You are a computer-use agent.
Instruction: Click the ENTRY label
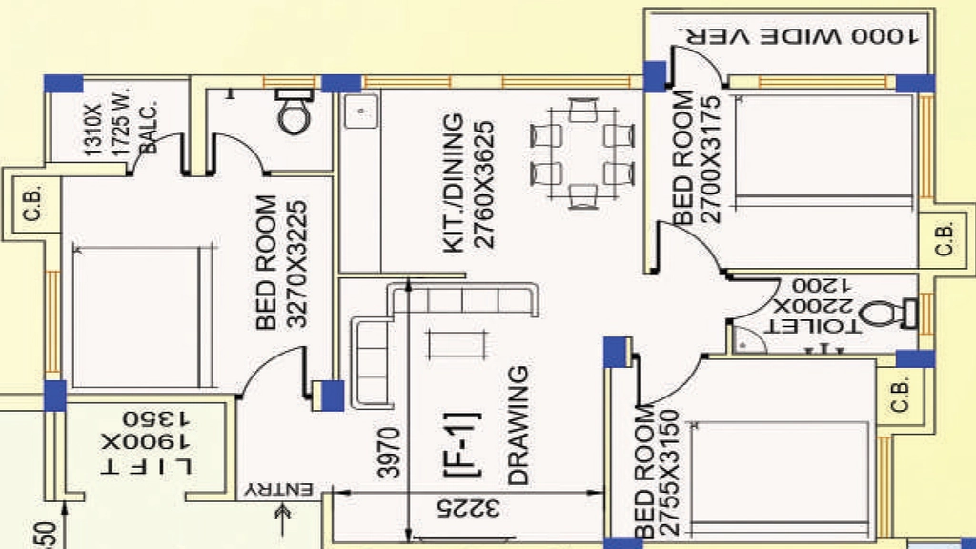point(278,489)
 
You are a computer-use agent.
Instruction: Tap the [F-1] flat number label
point(461,444)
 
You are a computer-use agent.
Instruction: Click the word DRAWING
point(518,425)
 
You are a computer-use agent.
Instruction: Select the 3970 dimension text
point(389,452)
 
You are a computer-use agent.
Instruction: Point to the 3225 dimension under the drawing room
point(468,508)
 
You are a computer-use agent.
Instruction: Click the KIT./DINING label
point(454,183)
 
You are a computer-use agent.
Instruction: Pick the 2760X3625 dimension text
point(483,185)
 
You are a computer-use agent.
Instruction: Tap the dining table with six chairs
point(582,153)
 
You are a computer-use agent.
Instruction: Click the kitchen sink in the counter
point(361,112)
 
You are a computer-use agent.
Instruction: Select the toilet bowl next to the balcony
point(295,111)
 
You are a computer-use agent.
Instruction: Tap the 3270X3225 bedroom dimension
point(297,264)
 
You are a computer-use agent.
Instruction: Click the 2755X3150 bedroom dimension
point(668,473)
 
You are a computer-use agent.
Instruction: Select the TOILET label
point(812,326)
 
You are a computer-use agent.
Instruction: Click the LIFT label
point(146,465)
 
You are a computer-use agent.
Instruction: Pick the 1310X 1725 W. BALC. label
point(119,121)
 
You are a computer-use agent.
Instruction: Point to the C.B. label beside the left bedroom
point(31,203)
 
